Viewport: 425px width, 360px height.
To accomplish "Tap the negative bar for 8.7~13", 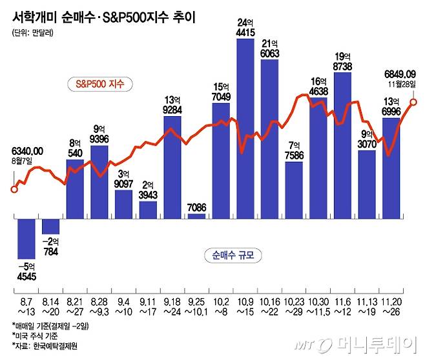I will coord(26,237).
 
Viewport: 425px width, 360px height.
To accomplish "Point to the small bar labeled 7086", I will coord(196,216).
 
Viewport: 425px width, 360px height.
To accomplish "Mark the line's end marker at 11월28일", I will coord(413,101).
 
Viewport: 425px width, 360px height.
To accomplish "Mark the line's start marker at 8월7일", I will coord(14,190).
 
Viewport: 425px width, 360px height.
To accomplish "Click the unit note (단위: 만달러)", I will coord(32,32).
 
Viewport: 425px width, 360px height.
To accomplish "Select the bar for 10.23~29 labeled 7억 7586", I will coord(294,190).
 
